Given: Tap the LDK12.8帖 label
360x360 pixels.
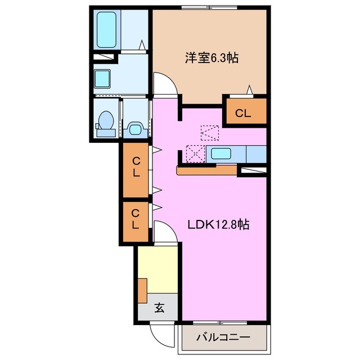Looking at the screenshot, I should point(218,224).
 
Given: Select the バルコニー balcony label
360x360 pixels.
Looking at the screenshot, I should point(223,338).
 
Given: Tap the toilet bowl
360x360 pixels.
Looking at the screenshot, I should point(105,121).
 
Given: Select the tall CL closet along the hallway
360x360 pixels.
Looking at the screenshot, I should point(136,167).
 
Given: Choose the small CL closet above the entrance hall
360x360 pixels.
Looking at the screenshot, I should point(136,219).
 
